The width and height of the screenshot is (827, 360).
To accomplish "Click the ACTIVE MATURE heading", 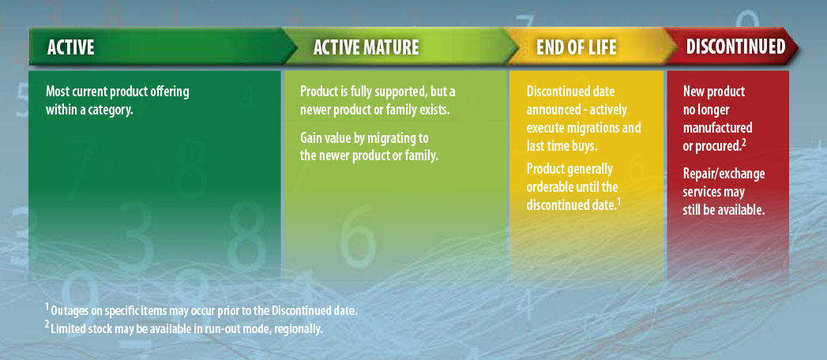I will (x=366, y=47).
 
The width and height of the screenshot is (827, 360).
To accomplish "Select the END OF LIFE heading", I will (x=576, y=47).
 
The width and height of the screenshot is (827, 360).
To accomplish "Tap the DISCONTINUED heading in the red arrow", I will (x=735, y=47).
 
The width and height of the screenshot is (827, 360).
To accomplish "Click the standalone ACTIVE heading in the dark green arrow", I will (x=70, y=47).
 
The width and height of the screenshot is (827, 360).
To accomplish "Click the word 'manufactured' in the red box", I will (x=717, y=128).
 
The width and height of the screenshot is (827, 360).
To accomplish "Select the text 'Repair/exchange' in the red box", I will (x=724, y=174).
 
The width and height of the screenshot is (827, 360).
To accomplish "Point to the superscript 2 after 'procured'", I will (x=744, y=141).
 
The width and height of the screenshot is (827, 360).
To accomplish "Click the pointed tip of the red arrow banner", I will (x=798, y=47).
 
